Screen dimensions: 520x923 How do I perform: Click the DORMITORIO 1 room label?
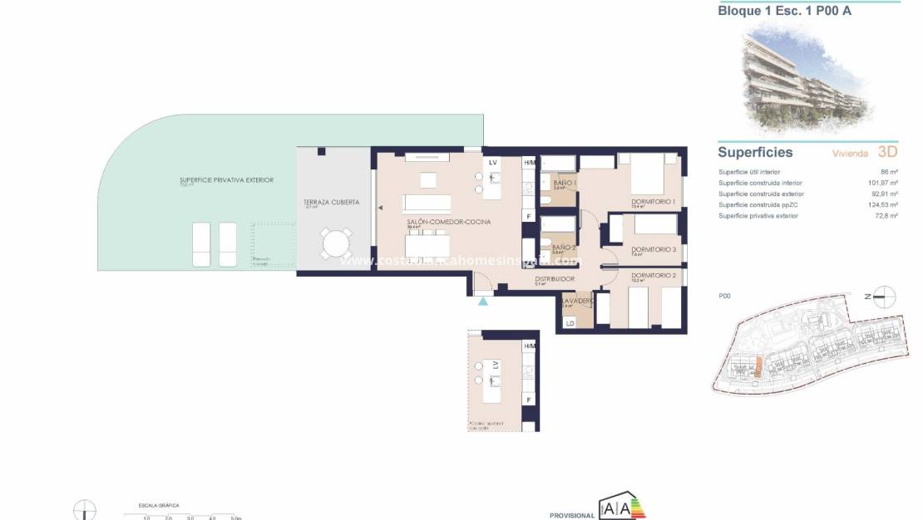pyautogui.click(x=653, y=202)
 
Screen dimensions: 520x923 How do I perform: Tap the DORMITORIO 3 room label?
pyautogui.click(x=653, y=249)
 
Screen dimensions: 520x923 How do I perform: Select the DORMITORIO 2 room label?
pyautogui.click(x=653, y=275)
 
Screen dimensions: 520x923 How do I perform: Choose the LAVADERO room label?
pyautogui.click(x=577, y=300)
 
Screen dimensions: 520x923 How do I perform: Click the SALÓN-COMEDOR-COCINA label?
pyautogui.click(x=448, y=223)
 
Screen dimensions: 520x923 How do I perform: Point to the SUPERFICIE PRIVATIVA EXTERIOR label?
pyautogui.click(x=226, y=179)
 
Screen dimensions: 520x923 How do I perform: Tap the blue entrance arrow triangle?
pyautogui.click(x=483, y=301)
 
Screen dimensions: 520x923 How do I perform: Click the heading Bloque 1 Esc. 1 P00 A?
pyautogui.click(x=784, y=12)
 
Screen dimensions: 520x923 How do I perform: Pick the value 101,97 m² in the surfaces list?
pyautogui.click(x=881, y=183)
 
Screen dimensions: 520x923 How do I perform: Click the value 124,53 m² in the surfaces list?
pyautogui.click(x=881, y=204)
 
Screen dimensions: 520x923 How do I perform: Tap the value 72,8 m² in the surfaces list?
pyautogui.click(x=885, y=215)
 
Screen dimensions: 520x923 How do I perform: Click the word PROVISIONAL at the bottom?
pyautogui.click(x=572, y=515)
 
